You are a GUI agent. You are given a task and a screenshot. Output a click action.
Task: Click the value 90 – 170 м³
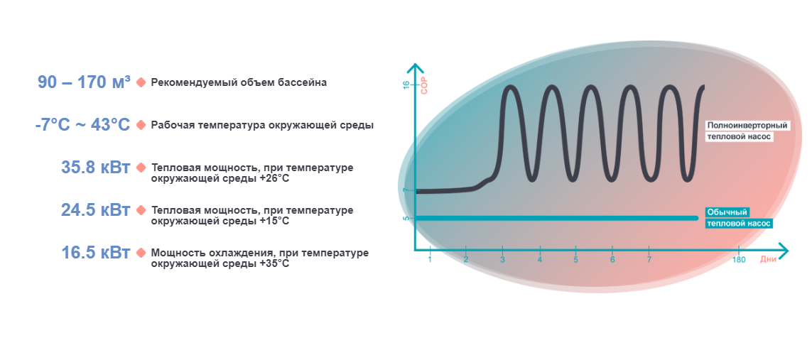click(x=84, y=82)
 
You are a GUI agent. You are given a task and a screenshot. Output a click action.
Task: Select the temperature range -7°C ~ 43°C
click(x=82, y=125)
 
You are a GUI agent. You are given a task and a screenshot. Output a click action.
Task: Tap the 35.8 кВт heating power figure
click(x=96, y=168)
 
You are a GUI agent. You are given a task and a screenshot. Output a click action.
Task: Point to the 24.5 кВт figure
click(x=96, y=210)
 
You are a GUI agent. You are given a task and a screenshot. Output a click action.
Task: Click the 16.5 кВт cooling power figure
click(x=96, y=253)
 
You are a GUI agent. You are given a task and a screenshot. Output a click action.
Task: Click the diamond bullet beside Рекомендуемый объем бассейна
click(x=141, y=82)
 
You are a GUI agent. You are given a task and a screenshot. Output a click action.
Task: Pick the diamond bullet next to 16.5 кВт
click(x=141, y=253)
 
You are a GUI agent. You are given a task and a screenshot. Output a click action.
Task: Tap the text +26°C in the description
click(x=272, y=178)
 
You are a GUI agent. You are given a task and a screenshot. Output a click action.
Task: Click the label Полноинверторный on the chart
click(x=747, y=126)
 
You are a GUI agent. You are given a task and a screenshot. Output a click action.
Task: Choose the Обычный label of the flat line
click(x=729, y=212)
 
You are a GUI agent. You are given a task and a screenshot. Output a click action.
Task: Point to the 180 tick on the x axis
click(x=739, y=260)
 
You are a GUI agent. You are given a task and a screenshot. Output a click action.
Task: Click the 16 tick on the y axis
click(x=406, y=84)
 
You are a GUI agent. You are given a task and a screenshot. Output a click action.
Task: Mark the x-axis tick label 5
click(x=576, y=260)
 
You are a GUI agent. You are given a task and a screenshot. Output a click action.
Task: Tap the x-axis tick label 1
click(x=430, y=260)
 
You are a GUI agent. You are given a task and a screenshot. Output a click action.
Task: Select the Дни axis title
click(x=768, y=260)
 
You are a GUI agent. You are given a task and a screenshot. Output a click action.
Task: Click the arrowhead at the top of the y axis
click(x=413, y=67)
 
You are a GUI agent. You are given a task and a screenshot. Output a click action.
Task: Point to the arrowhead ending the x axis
click(x=784, y=251)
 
